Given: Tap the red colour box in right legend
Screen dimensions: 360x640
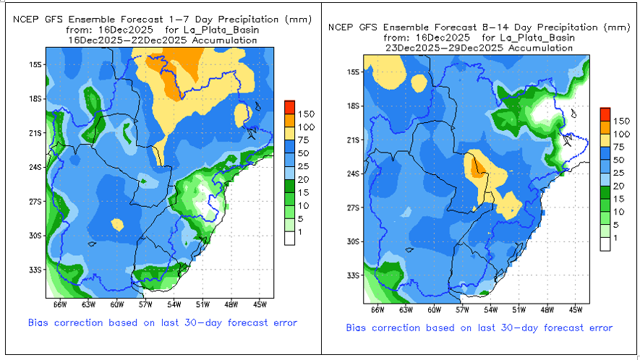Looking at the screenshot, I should pyautogui.click(x=606, y=112).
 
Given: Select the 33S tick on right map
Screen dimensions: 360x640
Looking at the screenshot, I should pyautogui.click(x=352, y=275).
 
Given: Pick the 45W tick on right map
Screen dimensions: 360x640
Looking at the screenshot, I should pyautogui.click(x=576, y=309).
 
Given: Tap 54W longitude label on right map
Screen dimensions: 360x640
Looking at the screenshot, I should pyautogui.click(x=490, y=309).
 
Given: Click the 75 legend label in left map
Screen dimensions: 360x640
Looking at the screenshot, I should pyautogui.click(x=305, y=140).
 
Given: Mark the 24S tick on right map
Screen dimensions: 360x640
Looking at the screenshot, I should pyautogui.click(x=352, y=173).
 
